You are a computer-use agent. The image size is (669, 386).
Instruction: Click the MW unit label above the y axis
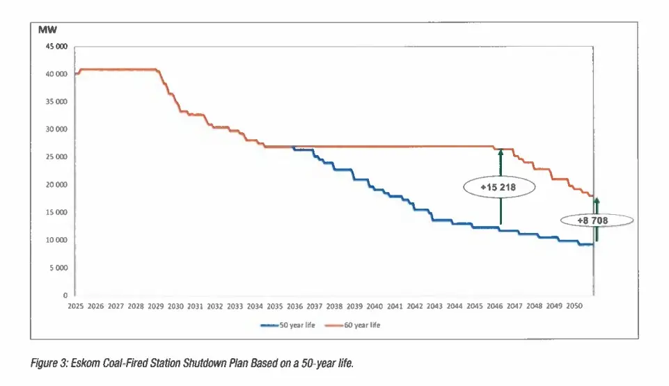click(48, 30)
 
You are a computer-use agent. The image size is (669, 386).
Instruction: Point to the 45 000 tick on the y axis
click(56, 47)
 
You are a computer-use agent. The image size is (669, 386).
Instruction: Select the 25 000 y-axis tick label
click(56, 157)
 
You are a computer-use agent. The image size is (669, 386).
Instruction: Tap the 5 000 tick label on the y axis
click(58, 268)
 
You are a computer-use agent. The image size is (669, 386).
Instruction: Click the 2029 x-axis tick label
click(155, 306)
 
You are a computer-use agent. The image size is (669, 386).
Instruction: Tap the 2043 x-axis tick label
click(435, 306)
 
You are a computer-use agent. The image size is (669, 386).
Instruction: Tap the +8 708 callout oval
click(597, 220)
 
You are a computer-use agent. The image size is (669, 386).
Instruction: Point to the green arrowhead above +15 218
click(500, 152)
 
